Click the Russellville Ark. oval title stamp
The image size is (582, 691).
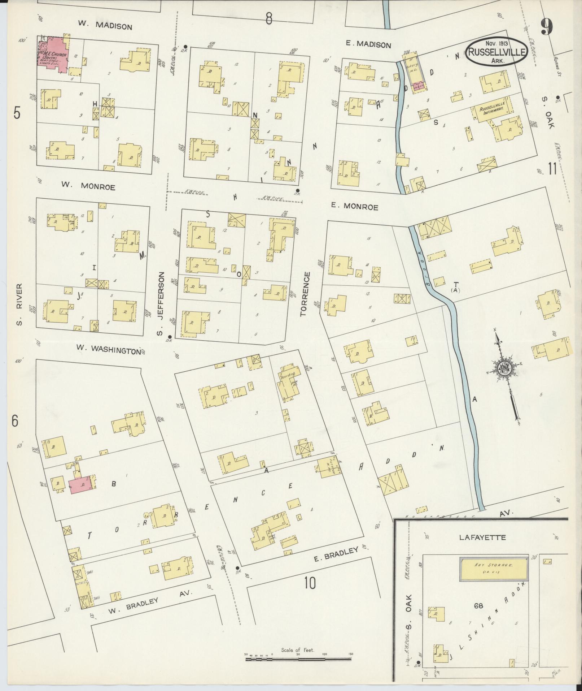click(x=497, y=52)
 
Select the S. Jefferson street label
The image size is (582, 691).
click(x=161, y=304)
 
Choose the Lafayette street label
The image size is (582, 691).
click(x=482, y=537)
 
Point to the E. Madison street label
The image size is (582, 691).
click(x=368, y=44)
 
